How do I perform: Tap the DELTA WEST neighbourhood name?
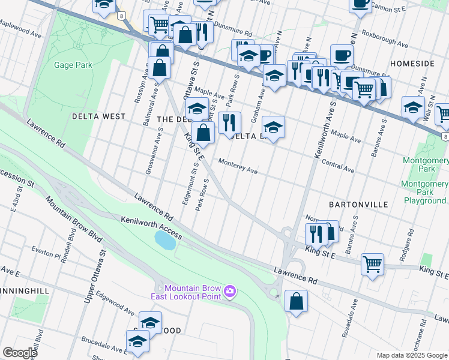98,116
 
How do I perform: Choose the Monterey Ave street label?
238,166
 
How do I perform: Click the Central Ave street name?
338,166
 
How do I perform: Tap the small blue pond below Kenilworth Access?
164,241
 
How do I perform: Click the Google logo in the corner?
19,352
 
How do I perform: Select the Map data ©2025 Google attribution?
412,355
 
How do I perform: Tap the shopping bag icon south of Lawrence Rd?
296,301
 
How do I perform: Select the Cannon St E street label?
390,7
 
